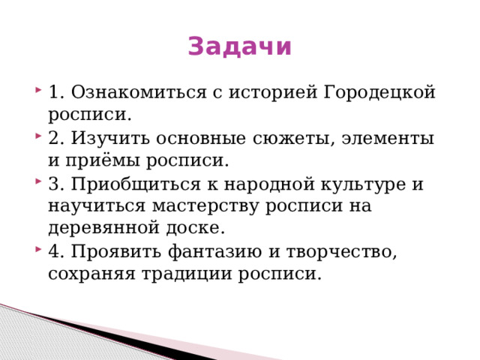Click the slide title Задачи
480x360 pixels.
tap(240, 46)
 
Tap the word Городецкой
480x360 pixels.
tap(380, 93)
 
